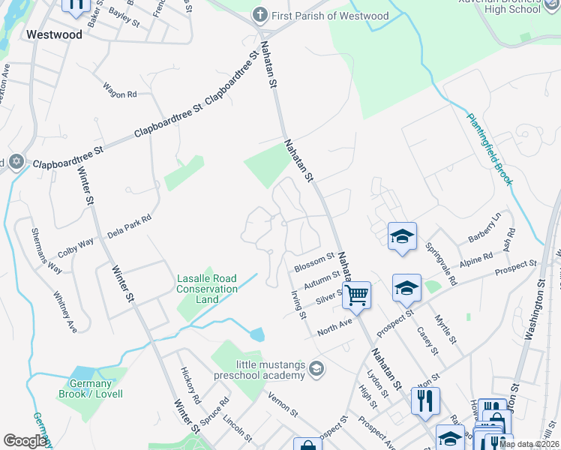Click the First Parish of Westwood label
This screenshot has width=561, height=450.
pos(330,16)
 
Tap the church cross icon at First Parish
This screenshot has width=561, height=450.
pos(259,15)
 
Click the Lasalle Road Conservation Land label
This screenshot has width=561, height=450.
pos(207,289)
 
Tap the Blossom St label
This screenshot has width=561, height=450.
pos(313,262)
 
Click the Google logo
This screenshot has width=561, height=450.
pos(25,441)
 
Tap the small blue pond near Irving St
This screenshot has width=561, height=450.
pos(257,334)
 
